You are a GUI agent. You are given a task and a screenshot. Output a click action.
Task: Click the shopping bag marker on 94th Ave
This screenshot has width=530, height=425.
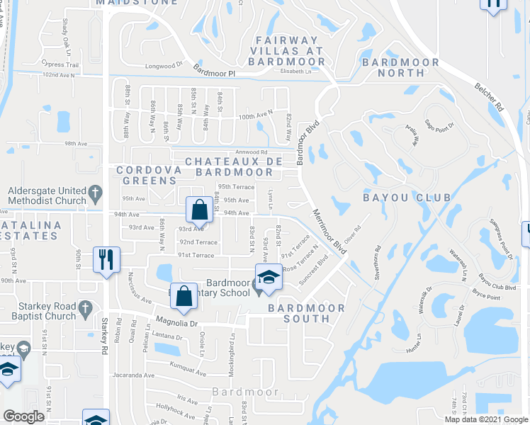click(x=199, y=210)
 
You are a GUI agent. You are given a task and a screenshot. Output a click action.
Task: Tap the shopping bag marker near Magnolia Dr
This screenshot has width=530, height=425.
click(x=184, y=297)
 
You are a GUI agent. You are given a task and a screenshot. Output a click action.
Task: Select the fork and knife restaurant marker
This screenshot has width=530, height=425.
click(x=106, y=259)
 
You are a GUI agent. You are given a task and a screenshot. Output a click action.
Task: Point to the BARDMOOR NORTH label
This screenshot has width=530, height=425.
click(x=400, y=67)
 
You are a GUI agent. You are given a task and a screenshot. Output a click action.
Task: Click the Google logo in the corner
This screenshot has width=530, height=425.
click(x=23, y=416)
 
